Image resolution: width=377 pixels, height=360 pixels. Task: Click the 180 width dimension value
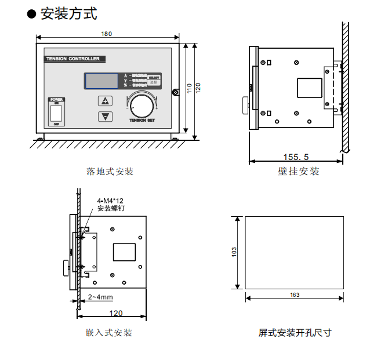click(x=107, y=34)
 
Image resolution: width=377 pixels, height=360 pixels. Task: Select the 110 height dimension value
click(x=189, y=89)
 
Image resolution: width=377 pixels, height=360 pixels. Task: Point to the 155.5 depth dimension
click(x=296, y=157)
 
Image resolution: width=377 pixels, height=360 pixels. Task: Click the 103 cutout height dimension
click(x=234, y=252)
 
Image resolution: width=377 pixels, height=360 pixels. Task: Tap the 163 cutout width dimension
click(x=294, y=295)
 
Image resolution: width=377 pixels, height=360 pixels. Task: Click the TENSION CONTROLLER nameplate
click(x=73, y=59)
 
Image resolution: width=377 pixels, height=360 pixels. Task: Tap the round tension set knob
click(x=140, y=105)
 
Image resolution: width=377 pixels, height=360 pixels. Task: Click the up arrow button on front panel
click(x=105, y=101)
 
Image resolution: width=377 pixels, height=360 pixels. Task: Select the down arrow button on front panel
click(x=105, y=116)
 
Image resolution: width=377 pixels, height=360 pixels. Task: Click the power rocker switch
click(x=56, y=112)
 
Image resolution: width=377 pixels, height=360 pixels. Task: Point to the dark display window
click(x=103, y=81)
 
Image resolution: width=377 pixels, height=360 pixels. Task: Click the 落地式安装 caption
click(x=110, y=172)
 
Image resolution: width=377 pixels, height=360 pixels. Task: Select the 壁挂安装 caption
click(x=299, y=172)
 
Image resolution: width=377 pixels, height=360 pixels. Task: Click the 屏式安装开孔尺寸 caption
click(x=295, y=333)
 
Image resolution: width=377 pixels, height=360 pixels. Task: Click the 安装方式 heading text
click(x=68, y=14)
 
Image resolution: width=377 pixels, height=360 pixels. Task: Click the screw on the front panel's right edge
click(x=175, y=92)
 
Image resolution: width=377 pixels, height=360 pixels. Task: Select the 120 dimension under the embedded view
click(x=116, y=313)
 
